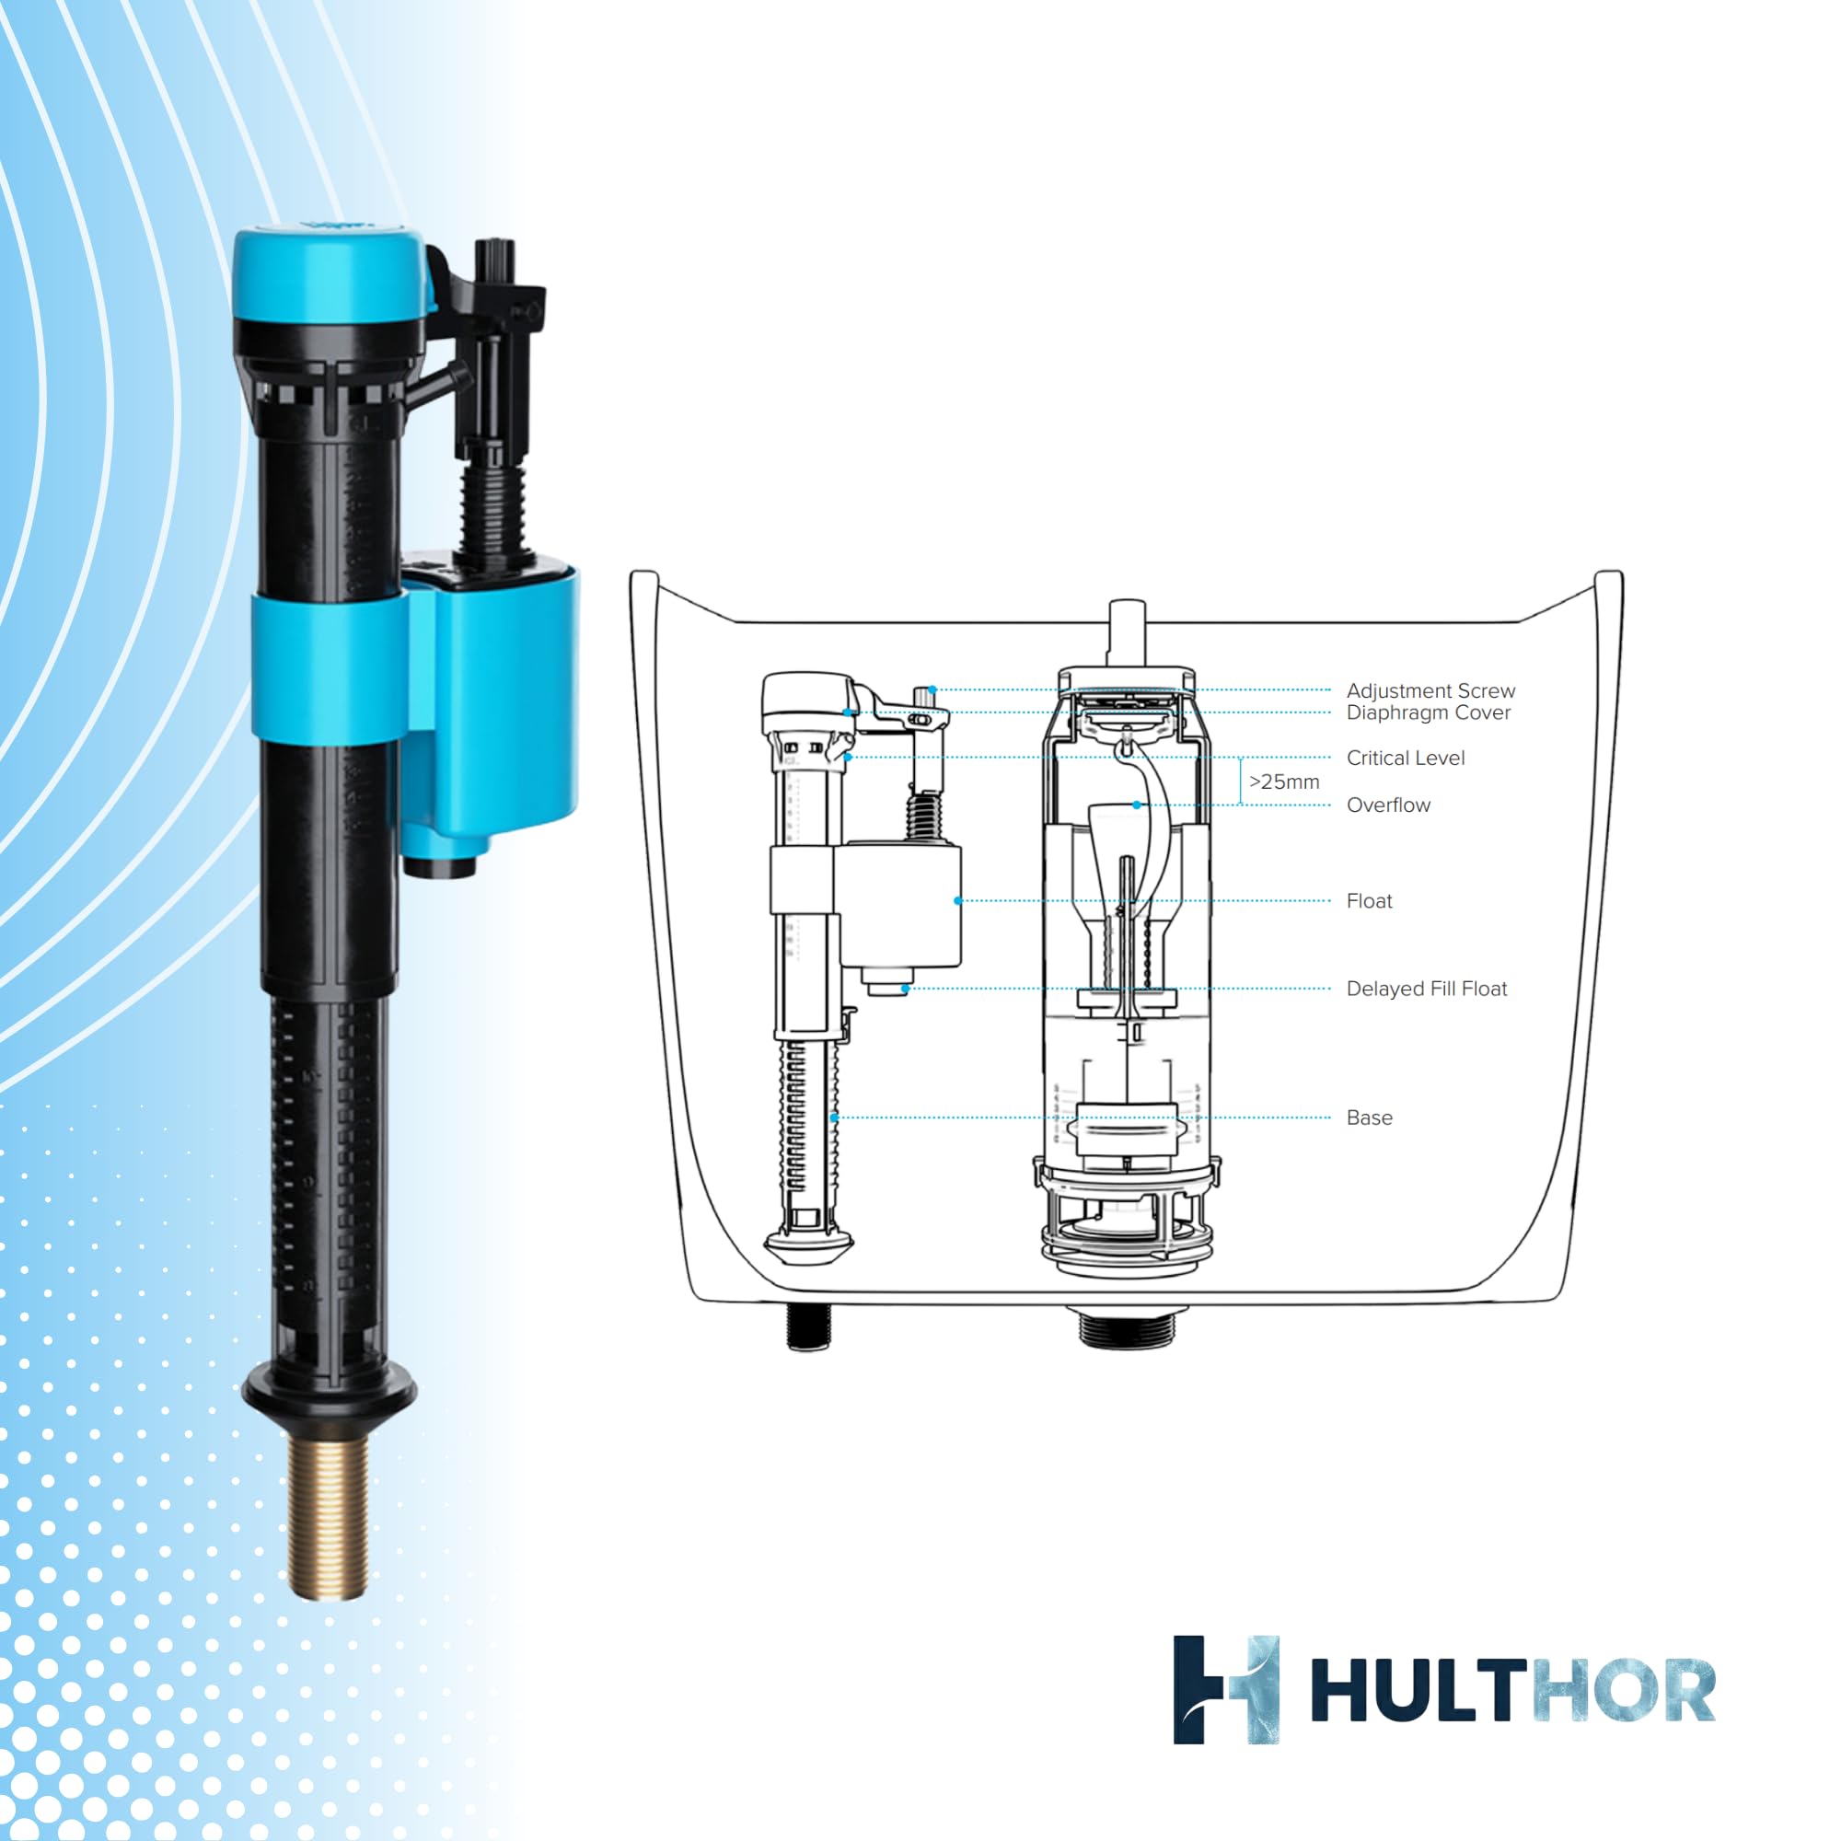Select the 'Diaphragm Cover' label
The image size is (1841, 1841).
coord(1429,712)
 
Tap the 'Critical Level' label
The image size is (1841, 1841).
coord(1406,758)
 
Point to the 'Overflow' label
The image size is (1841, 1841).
coord(1388,805)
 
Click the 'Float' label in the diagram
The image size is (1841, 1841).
coord(1370,900)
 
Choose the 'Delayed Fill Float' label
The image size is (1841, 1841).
coord(1427,990)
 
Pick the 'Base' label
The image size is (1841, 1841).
coord(1370,1117)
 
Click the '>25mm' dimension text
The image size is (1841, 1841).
coord(1283,782)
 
